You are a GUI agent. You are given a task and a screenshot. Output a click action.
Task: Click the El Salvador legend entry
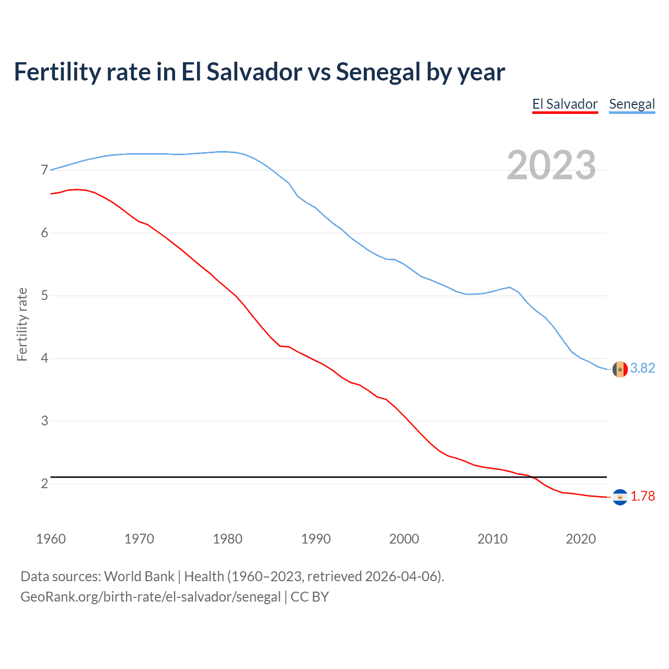(564, 104)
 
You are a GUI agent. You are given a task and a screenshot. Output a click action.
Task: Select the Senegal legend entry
(631, 104)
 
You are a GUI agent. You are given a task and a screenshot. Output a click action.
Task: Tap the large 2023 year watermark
(551, 165)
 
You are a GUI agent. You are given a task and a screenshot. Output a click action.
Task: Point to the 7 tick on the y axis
(44, 170)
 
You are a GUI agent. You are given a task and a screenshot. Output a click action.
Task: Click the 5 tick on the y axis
(44, 296)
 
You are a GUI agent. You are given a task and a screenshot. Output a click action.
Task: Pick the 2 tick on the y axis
(44, 483)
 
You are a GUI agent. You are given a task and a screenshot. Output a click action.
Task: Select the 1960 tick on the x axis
(51, 539)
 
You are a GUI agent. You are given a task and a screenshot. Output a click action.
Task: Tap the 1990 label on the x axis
(316, 539)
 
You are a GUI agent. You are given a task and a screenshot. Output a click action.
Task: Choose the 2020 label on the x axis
(581, 539)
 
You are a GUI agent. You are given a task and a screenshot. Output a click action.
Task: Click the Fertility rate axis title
(22, 324)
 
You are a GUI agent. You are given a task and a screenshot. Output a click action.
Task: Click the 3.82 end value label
(642, 368)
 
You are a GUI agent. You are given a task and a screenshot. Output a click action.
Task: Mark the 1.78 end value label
(642, 497)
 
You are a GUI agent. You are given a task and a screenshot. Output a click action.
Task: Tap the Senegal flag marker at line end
(620, 369)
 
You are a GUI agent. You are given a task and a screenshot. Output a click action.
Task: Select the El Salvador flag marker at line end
(620, 497)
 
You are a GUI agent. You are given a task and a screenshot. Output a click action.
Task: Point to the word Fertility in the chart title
(56, 72)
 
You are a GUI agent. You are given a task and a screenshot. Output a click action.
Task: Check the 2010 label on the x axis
(492, 539)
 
